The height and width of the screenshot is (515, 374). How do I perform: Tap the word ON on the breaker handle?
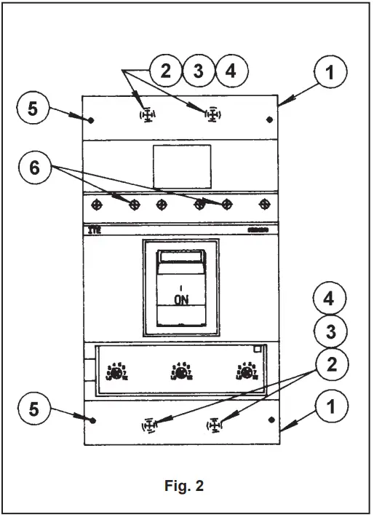[x=181, y=299]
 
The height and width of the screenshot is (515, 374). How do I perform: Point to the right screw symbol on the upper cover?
[x=212, y=115]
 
